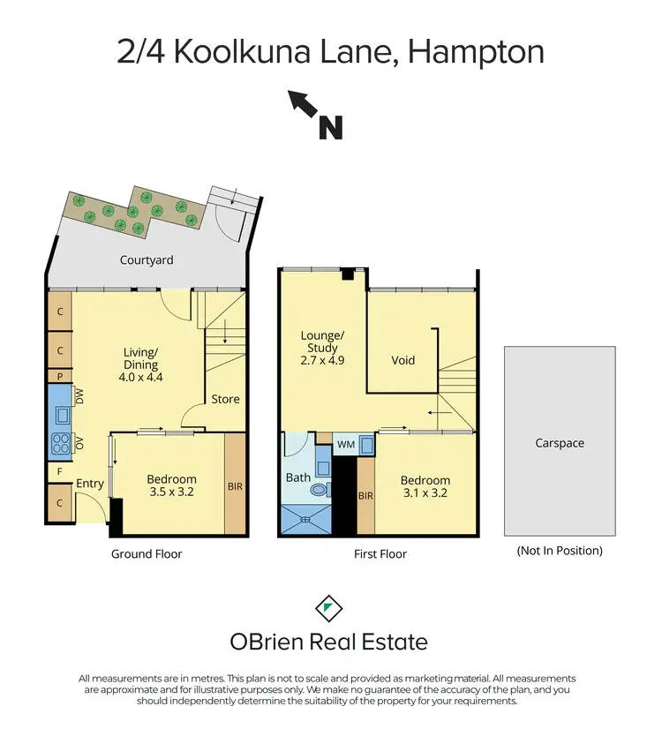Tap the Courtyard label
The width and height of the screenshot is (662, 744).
147,260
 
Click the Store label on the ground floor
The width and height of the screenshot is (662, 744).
225,399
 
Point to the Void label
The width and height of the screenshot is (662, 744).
403,360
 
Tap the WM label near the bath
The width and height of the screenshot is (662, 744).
346,445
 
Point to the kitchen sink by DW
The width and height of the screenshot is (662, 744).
64,415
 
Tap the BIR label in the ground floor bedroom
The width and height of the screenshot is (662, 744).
234,485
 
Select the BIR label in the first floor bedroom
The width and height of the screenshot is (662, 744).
365,496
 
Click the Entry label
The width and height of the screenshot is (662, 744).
90,484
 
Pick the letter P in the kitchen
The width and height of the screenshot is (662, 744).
59,376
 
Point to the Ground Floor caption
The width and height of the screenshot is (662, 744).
147,554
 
